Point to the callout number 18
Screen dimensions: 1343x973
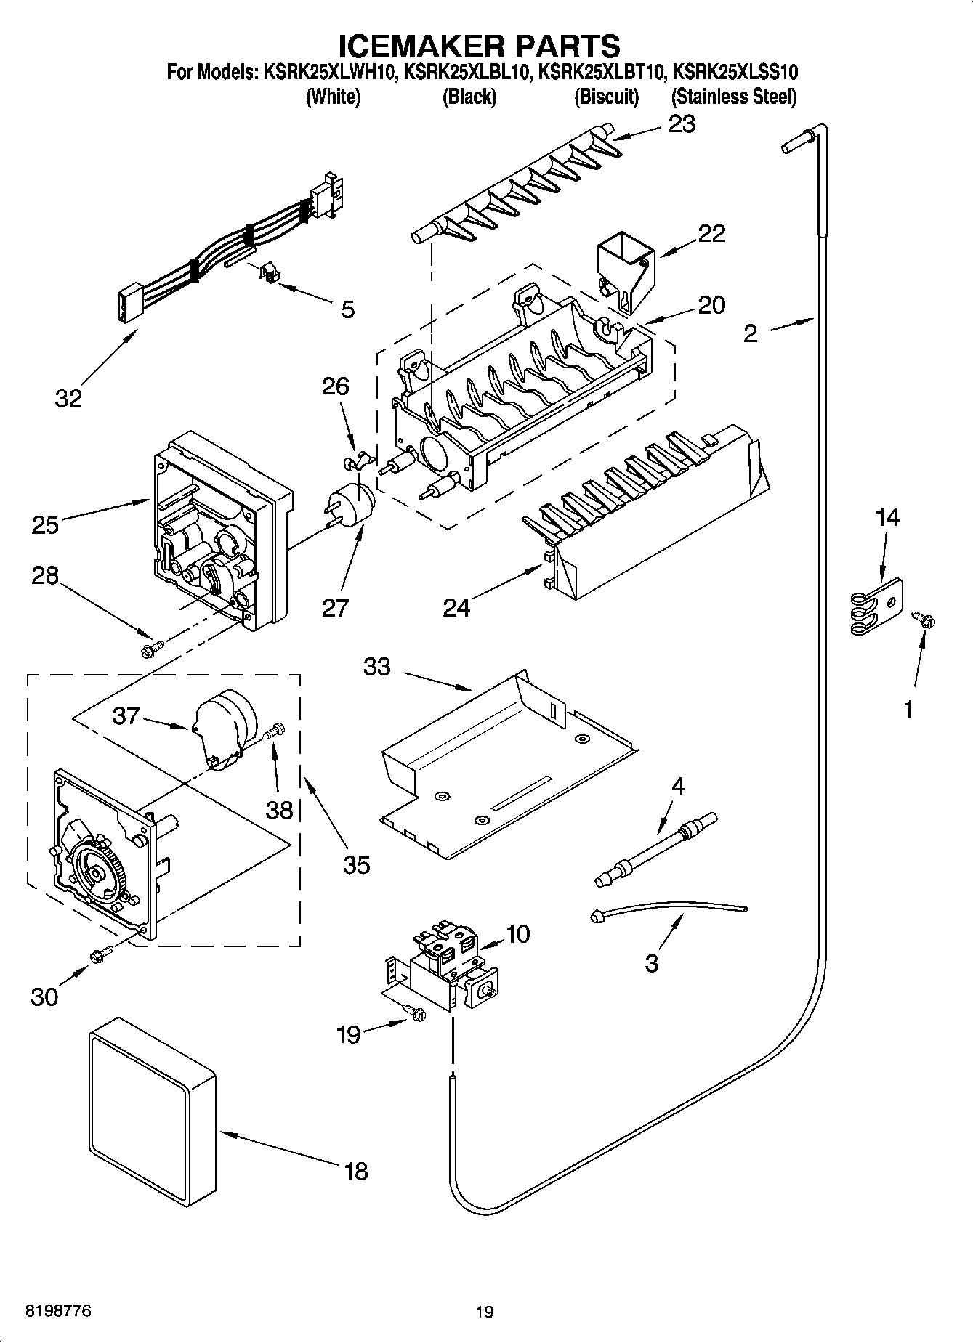point(356,1171)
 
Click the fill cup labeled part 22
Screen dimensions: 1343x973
point(624,269)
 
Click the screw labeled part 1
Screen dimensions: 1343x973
point(924,619)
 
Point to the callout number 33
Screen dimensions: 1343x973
point(377,666)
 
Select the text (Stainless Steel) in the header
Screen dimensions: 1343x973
point(733,97)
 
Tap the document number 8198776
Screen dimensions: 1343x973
point(59,1310)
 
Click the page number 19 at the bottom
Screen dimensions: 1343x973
point(485,1312)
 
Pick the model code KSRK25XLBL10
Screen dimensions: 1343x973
point(466,73)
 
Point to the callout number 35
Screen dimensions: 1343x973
point(357,864)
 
